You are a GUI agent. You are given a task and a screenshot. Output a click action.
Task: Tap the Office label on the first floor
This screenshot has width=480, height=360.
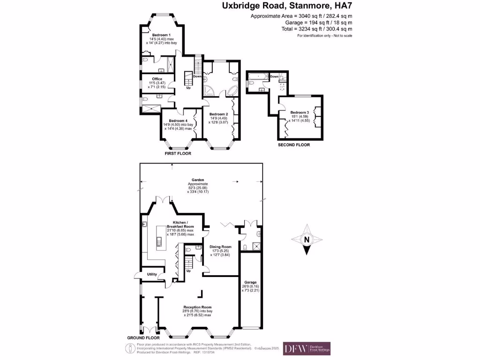point(157,78)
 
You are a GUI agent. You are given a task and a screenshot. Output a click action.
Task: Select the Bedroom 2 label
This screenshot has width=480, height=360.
point(218,114)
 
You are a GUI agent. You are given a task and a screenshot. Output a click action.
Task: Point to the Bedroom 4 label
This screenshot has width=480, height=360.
point(179,120)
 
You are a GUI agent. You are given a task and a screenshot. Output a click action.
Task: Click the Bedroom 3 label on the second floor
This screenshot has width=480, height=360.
point(300,112)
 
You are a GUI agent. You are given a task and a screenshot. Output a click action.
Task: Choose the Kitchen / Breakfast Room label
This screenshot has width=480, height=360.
point(180,224)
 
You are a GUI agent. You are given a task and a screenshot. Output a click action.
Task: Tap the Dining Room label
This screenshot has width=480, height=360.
point(220,247)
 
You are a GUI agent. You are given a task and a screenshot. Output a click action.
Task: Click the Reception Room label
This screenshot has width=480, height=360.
point(197,307)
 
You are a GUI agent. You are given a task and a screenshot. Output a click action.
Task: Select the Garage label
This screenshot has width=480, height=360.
point(250,282)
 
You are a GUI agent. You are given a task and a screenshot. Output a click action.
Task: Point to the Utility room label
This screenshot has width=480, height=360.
point(152,274)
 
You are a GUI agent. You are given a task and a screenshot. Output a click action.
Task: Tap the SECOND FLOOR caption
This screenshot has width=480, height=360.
point(294,145)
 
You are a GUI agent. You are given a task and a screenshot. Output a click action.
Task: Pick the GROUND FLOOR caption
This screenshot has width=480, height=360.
point(143,337)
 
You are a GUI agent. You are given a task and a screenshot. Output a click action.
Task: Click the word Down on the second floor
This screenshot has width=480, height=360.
point(274,76)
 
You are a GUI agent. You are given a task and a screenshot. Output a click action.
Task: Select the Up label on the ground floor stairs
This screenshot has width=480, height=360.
point(189,271)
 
